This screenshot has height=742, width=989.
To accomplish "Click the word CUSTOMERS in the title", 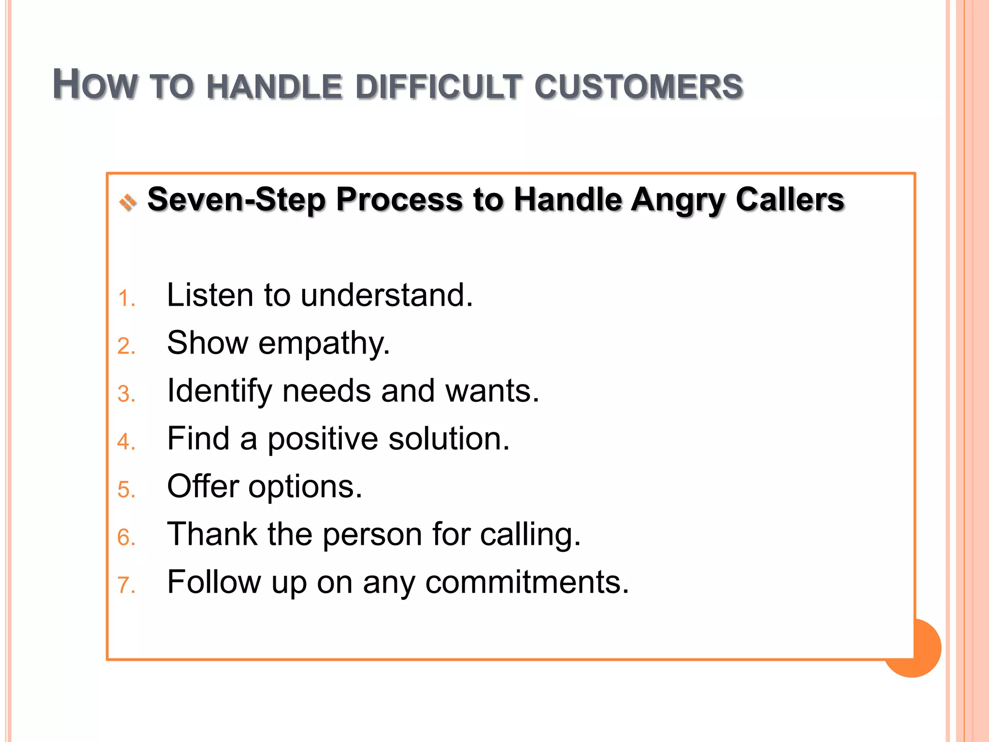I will point(638,87).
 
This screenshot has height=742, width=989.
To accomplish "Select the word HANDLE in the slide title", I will point(274,87).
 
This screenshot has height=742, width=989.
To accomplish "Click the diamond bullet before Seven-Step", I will point(128,202).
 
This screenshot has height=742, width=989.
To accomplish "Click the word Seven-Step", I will point(236,200).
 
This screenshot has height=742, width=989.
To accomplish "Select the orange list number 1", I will point(125,299).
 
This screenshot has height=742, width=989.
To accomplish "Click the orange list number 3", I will point(125,394).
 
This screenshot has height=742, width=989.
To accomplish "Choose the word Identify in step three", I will point(219,391).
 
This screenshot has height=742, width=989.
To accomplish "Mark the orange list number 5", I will point(125,490).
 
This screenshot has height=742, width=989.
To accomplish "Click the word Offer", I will point(203,486).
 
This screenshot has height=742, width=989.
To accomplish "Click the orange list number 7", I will point(125,585).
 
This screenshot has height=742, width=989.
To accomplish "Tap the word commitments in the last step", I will point(527,582).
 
